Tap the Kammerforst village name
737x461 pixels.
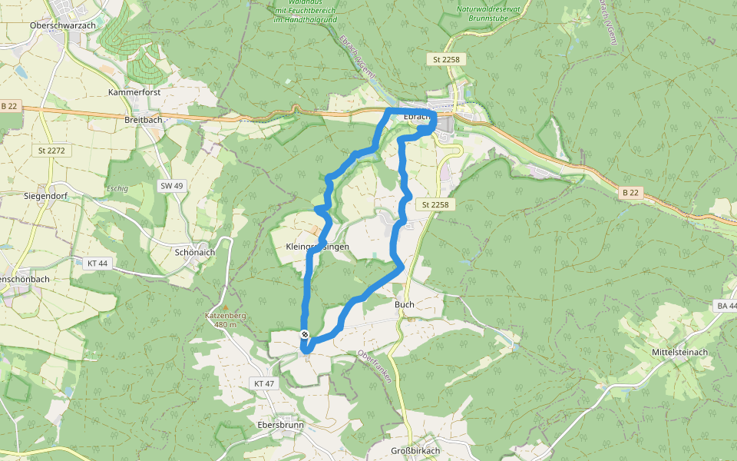click(134, 91)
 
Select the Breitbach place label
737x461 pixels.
click(143, 120)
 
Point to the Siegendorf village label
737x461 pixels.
click(46, 196)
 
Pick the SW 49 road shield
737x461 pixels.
click(172, 186)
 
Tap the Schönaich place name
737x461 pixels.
click(193, 251)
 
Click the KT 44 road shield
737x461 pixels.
click(97, 263)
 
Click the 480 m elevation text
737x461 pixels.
click(225, 324)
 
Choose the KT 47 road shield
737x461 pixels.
click(263, 383)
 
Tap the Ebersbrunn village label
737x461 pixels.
click(280, 425)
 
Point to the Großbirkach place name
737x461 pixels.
click(415, 450)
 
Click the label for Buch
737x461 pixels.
click(405, 304)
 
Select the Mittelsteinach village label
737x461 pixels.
click(678, 352)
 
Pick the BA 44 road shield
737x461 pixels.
click(725, 306)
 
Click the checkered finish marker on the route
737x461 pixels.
click(306, 334)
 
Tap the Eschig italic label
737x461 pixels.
click(117, 187)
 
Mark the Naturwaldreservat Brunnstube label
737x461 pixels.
click(488, 12)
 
